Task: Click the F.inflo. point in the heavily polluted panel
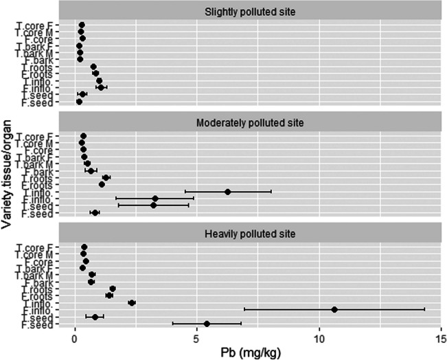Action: [334, 309]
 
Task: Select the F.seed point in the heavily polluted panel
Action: [207, 324]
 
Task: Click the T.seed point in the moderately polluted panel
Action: [154, 205]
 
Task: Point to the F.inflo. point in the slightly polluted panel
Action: [101, 87]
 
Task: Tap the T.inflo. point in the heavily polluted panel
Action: [132, 302]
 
